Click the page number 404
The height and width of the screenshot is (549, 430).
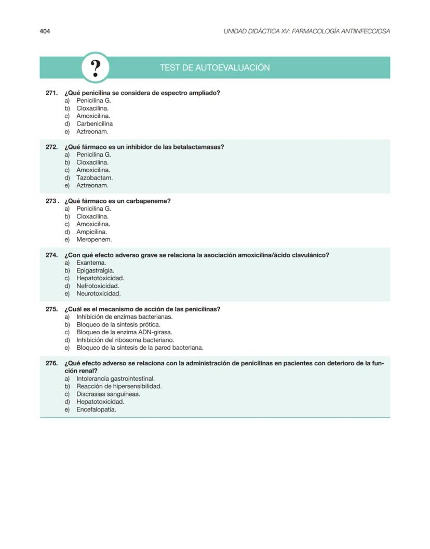[x=45, y=31]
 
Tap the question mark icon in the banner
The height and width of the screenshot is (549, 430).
[x=96, y=68]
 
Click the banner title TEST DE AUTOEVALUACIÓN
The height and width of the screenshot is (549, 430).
[x=214, y=68]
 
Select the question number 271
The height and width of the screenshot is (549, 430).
[x=51, y=93]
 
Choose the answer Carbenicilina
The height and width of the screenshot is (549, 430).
[x=95, y=124]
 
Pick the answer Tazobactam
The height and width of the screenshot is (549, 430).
[x=95, y=178]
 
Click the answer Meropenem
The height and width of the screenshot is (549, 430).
[x=94, y=240]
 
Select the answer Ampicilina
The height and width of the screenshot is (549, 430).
[x=92, y=232]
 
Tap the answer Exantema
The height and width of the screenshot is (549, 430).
[x=91, y=263]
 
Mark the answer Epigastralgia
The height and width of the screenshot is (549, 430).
[x=96, y=270]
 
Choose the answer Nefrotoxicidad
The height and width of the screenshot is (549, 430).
[x=98, y=286]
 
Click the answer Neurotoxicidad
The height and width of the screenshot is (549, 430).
[x=99, y=294]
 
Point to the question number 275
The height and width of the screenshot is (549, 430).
[x=51, y=309]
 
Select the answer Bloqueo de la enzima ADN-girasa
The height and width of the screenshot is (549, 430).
[x=124, y=332]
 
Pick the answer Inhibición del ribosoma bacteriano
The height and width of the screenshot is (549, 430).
[x=125, y=340]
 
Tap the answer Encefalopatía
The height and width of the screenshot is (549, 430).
[x=96, y=409]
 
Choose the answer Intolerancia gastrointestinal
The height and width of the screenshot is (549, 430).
[x=115, y=379]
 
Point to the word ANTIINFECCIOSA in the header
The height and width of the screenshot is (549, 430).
[x=364, y=31]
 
